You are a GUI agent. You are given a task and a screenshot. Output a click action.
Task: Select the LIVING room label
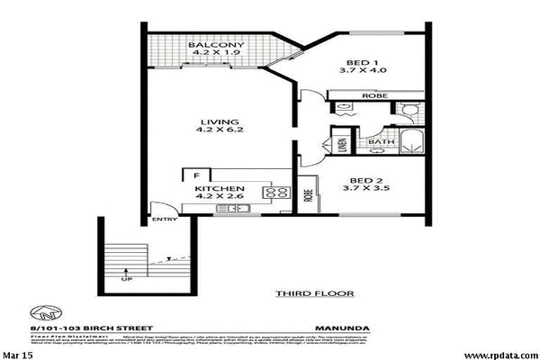tap(219, 121)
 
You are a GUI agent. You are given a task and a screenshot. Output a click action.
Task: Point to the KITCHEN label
tap(219, 189)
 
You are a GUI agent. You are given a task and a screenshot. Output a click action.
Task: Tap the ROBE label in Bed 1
tap(373, 94)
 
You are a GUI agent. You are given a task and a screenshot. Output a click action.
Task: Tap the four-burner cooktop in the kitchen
tap(274, 192)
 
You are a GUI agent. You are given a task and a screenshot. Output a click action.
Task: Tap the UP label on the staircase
tap(125, 280)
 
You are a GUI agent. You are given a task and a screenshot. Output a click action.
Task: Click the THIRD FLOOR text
tap(314, 292)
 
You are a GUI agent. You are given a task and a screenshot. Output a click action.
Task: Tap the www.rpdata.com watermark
tap(501, 354)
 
